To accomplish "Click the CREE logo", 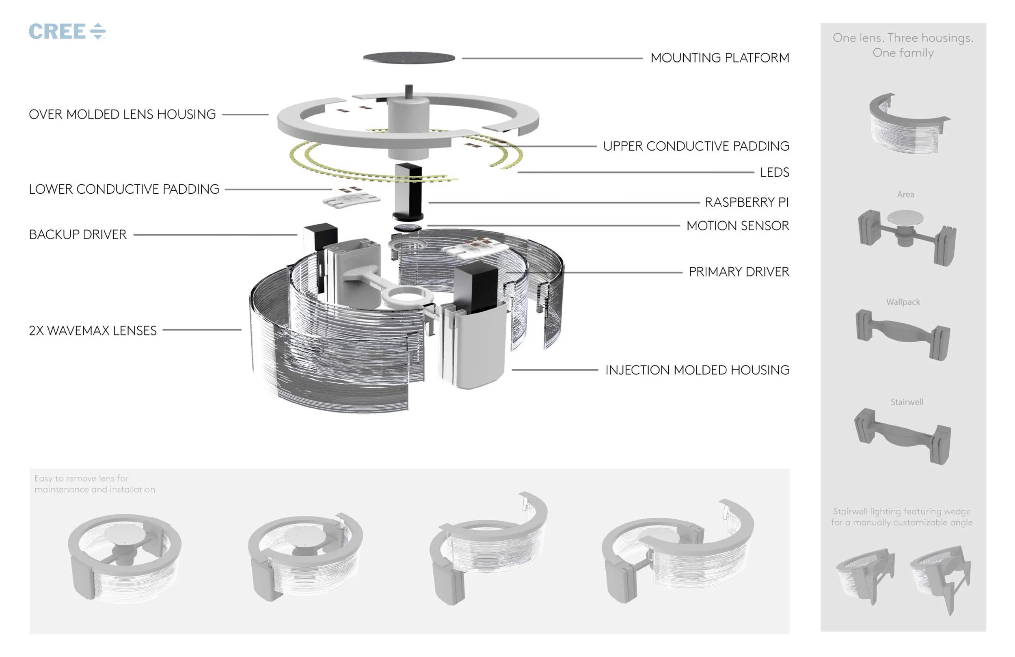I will pos(67,32).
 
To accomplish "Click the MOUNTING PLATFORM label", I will pos(719,58).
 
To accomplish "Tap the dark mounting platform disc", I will pos(408,58).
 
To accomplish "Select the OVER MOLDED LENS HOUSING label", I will pos(122,115).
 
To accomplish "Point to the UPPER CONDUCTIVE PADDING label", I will pos(695,146).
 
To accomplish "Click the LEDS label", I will pos(774,172).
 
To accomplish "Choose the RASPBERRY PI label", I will pos(746,202).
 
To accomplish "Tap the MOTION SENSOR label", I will pos(737,226).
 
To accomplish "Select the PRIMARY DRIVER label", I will pos(739,272).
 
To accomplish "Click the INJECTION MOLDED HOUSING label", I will pos(697,370).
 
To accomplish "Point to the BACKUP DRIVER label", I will pos(78,235).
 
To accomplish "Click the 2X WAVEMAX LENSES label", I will pos(93,331).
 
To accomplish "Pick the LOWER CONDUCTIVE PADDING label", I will pos(124,189).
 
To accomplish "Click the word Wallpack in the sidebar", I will pos(903,302).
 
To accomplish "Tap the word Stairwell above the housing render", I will pos(906,402).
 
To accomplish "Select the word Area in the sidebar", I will pos(905,195).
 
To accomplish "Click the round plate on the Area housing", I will pos(905,218).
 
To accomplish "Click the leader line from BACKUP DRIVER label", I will pos(215,235).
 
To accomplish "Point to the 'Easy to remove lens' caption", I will pos(94,484).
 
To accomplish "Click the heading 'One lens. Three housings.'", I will pos(903,38).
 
